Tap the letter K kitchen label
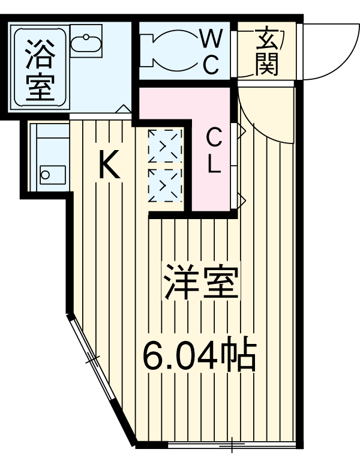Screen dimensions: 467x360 point(109,165)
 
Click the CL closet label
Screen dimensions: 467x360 point(215,151)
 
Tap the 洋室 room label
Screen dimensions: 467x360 point(202,282)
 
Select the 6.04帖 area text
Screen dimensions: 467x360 point(199,357)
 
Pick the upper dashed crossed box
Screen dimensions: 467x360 point(164,146)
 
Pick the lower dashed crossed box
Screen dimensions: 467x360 point(164,185)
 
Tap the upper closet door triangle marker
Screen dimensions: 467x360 point(240,132)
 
